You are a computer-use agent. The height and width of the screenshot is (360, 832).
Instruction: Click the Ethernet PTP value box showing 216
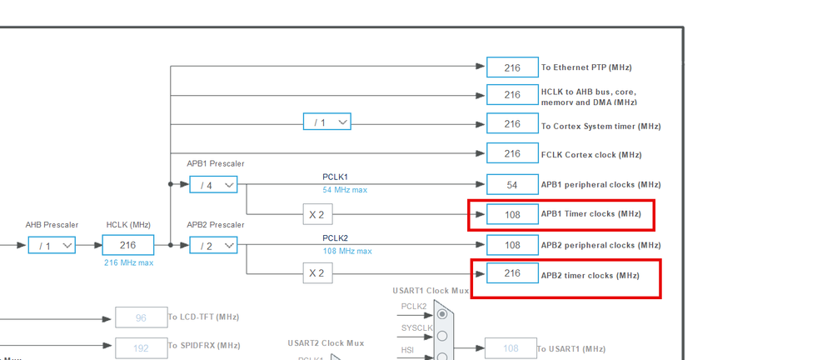click(512, 67)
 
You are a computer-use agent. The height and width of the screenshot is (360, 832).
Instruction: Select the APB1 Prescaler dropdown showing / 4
click(213, 184)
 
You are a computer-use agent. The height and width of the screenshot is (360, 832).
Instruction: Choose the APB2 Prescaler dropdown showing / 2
click(213, 245)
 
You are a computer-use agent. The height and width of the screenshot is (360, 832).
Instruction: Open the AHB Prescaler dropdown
click(52, 245)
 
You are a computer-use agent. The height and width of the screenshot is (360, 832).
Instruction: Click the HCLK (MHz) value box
click(127, 245)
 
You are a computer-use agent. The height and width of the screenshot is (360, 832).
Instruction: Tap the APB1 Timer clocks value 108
click(512, 214)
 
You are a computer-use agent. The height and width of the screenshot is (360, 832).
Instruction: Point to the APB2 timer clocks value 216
click(512, 273)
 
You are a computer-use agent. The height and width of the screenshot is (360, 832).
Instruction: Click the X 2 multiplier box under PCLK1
click(317, 214)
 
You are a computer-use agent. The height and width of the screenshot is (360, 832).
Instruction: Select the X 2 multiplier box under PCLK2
click(317, 272)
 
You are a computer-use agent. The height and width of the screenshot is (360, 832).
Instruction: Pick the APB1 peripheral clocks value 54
click(512, 184)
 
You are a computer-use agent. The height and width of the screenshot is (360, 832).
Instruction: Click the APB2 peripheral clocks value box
click(512, 245)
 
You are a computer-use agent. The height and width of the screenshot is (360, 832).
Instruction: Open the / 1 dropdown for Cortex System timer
click(326, 122)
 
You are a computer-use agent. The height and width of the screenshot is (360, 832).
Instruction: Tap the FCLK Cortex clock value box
click(512, 154)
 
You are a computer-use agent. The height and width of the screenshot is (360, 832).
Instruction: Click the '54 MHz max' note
click(345, 190)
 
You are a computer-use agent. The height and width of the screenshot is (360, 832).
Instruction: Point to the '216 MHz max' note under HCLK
click(128, 262)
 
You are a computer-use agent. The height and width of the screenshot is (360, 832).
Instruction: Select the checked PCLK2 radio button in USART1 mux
click(442, 314)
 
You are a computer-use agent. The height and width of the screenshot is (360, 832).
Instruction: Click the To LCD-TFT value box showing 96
click(141, 317)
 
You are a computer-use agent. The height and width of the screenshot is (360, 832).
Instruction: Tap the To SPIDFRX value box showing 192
click(141, 346)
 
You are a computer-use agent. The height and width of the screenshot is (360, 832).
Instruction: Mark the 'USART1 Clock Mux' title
click(431, 291)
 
